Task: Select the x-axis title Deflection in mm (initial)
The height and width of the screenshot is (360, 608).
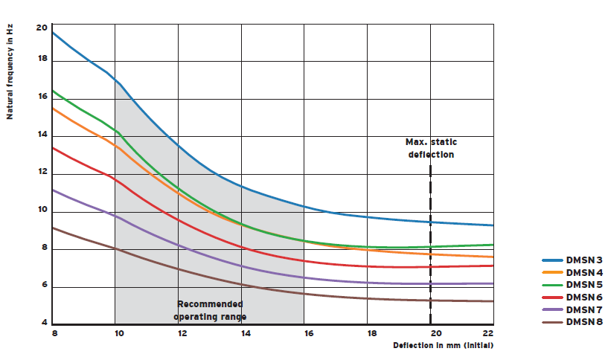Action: pyautogui.click(x=444, y=346)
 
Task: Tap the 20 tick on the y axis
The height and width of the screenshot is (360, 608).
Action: pyautogui.click(x=42, y=28)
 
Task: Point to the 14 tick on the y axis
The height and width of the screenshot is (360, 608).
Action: pyautogui.click(x=42, y=135)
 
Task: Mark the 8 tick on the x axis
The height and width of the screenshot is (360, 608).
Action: pyautogui.click(x=53, y=334)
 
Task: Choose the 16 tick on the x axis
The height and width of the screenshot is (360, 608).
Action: pyautogui.click(x=305, y=334)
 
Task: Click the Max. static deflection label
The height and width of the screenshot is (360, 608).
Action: pyautogui.click(x=429, y=148)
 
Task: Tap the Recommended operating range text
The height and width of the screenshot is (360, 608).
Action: pyautogui.click(x=210, y=310)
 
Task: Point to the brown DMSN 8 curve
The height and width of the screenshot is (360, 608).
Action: pyautogui.click(x=223, y=280)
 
